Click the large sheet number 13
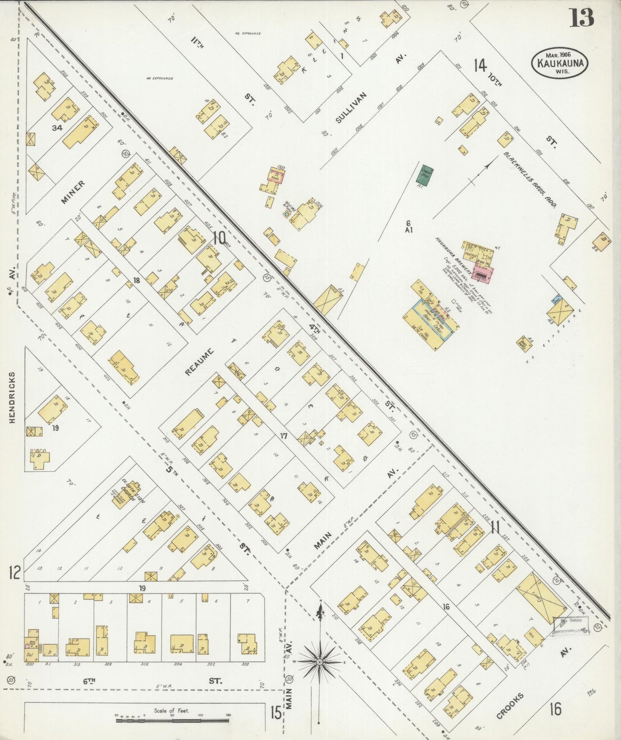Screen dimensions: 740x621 [582, 18]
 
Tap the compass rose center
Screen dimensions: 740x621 [319, 663]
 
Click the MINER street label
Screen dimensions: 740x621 [73, 192]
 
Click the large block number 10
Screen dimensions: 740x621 [219, 238]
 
